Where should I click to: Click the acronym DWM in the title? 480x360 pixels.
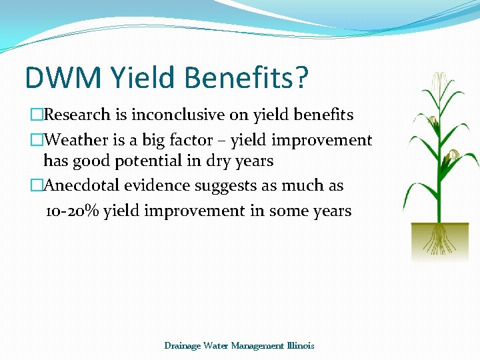click(62, 77)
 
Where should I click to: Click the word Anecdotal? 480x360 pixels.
click(83, 185)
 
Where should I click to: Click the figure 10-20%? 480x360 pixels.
click(72, 211)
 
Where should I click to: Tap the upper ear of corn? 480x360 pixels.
click(434, 122)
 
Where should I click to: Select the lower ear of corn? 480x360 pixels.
click(453, 156)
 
